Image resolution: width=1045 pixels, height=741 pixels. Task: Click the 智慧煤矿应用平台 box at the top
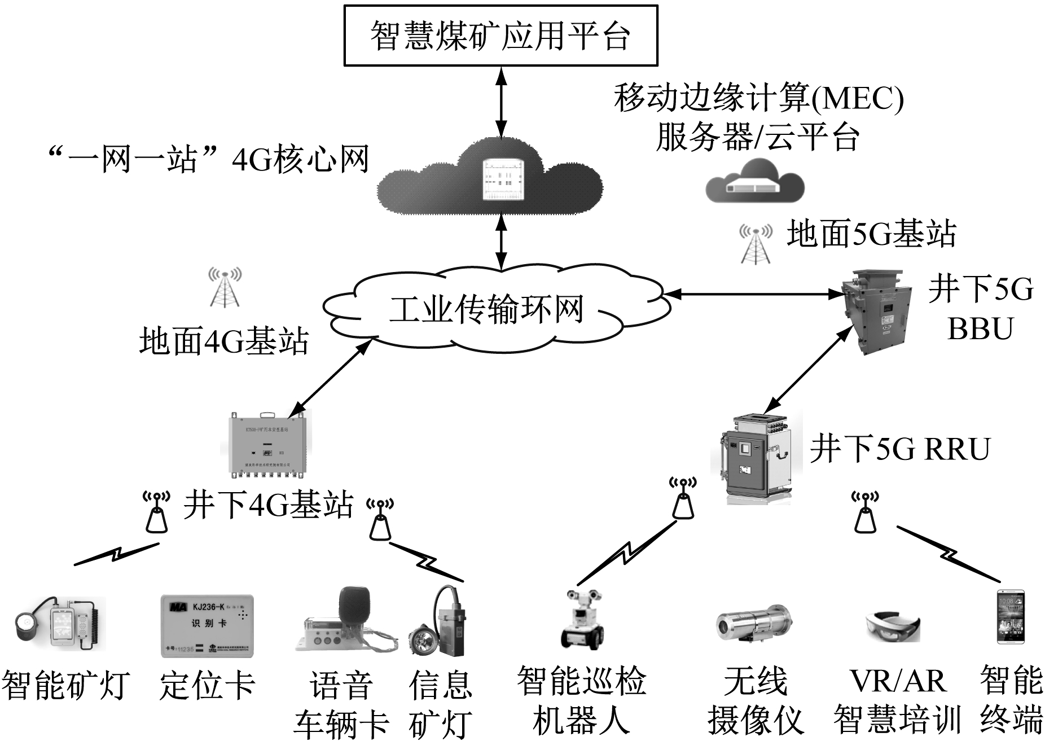click(x=500, y=36)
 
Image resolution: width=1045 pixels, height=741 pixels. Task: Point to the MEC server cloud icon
click(x=755, y=182)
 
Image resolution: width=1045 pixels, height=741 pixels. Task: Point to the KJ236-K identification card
click(x=207, y=625)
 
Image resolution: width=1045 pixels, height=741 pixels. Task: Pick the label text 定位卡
click(x=207, y=685)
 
